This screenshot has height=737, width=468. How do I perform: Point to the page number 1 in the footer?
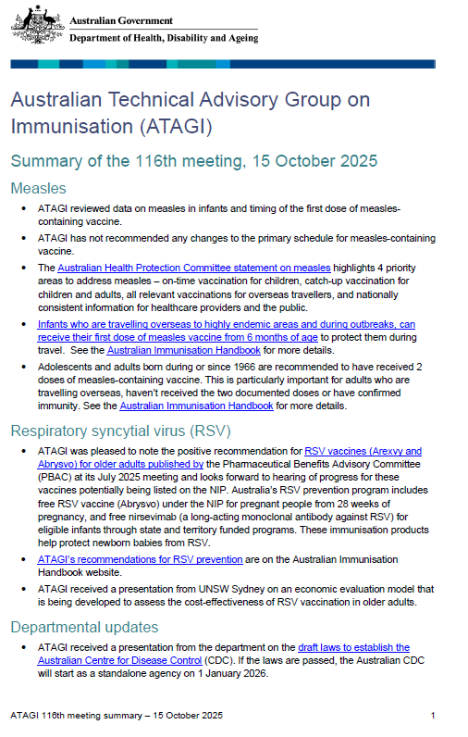pos(432,716)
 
